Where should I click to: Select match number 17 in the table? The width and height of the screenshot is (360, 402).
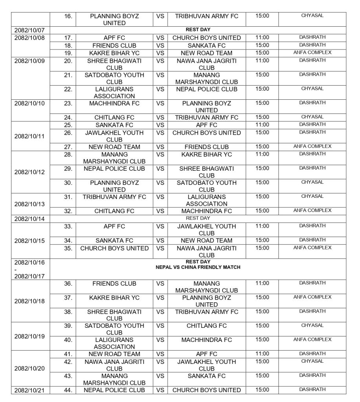pyautogui.click(x=68, y=38)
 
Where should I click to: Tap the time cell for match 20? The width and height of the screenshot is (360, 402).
pyautogui.click(x=262, y=60)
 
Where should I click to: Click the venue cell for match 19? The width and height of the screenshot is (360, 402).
pyautogui.click(x=312, y=53)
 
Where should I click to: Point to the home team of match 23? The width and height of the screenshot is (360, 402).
pyautogui.click(x=114, y=103)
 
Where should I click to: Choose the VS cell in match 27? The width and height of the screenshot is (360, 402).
pyautogui.click(x=160, y=147)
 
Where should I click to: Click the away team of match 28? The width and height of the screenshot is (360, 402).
pyautogui.click(x=206, y=154)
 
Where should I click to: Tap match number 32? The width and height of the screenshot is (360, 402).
pyautogui.click(x=68, y=211)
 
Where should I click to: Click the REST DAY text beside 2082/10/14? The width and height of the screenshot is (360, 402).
pyautogui.click(x=198, y=218)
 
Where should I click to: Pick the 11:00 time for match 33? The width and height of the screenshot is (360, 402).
pyautogui.click(x=262, y=226)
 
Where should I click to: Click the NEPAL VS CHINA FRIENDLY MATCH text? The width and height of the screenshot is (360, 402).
pyautogui.click(x=198, y=267)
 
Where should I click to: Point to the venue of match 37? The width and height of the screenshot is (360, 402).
pyautogui.click(x=312, y=297)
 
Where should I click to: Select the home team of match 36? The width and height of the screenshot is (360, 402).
pyautogui.click(x=114, y=283)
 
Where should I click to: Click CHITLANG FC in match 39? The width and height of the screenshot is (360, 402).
pyautogui.click(x=206, y=326)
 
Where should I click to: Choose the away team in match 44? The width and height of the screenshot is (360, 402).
pyautogui.click(x=206, y=390)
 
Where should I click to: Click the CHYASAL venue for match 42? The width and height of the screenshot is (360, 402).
pyautogui.click(x=312, y=361)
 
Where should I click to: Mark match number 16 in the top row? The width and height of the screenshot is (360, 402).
pyautogui.click(x=68, y=16)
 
